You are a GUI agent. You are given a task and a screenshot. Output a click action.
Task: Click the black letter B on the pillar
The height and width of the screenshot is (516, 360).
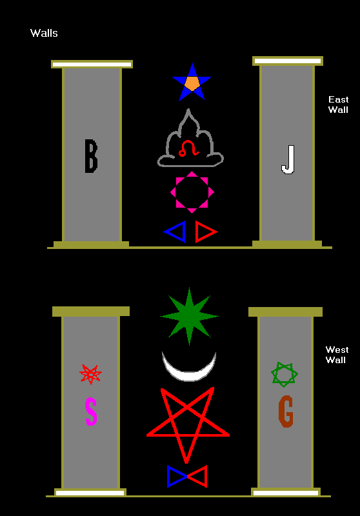[91, 156]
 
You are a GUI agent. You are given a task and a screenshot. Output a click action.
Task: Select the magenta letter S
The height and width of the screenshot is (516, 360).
[91, 412]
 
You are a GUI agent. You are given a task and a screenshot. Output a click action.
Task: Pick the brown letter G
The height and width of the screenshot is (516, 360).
[286, 412]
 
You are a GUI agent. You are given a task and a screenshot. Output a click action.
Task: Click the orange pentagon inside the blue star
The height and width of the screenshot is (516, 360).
[192, 83]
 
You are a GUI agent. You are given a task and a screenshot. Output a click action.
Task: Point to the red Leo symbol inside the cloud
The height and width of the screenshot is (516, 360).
[189, 148]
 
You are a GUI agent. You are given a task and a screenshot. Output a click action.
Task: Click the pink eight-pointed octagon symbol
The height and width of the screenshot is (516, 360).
[192, 192]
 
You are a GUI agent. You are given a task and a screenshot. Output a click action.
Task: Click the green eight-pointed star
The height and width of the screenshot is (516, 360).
[189, 316]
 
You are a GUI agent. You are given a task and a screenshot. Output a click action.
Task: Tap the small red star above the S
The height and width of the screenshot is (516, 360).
[90, 374]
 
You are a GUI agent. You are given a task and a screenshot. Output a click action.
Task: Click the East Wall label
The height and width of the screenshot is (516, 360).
[338, 104]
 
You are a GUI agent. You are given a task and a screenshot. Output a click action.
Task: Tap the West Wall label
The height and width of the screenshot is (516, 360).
[337, 354]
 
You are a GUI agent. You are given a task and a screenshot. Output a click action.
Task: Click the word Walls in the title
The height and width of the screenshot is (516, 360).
[44, 33]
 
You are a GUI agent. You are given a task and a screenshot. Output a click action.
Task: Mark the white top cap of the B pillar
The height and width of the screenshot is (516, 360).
[92, 64]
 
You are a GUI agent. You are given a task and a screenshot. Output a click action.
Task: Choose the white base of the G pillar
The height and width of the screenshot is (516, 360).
[286, 493]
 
